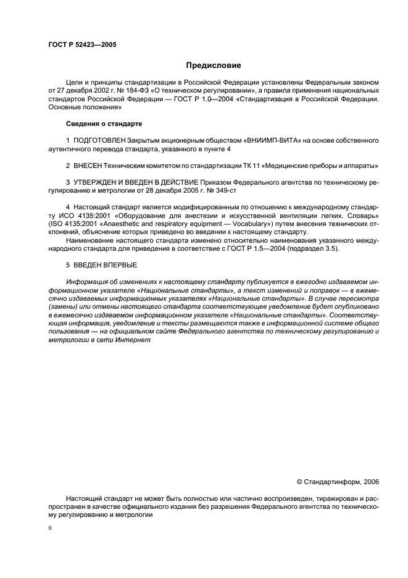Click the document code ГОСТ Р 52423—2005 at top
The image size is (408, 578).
coord(82,45)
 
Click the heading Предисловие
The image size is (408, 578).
coord(214,65)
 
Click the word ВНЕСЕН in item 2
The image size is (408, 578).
coord(91,166)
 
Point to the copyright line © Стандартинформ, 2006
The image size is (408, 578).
coord(338,482)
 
